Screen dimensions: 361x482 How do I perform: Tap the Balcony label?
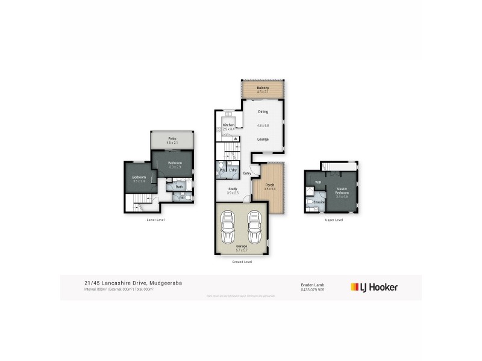point(263,88)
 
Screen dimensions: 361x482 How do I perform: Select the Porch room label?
point(269,185)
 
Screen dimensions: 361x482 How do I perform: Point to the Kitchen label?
point(228,125)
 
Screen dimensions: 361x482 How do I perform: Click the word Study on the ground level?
point(233,189)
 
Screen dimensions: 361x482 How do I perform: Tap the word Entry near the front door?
point(247,174)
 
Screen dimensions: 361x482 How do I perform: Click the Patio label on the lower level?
point(172,139)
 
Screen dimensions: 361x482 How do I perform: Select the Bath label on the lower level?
point(180,187)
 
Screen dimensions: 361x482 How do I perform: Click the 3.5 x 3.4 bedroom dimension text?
point(139,181)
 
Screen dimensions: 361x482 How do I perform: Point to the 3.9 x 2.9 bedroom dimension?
point(175,167)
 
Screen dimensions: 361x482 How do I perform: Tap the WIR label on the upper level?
point(318,181)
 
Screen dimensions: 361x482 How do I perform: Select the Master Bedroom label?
point(342,190)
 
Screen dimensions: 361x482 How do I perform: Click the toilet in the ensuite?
point(310,203)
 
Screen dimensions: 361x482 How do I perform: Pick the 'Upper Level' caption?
point(334,220)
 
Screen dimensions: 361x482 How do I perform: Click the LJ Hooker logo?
point(374,287)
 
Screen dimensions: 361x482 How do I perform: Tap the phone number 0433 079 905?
point(313,289)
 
